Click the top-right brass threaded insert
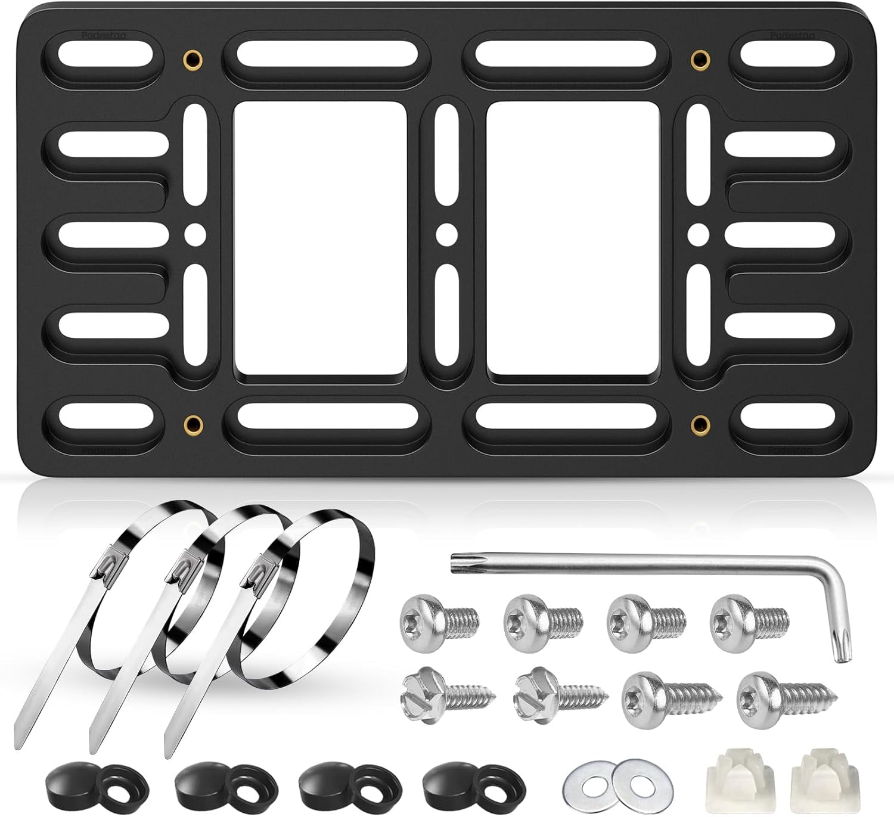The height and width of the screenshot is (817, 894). pos(700,58)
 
